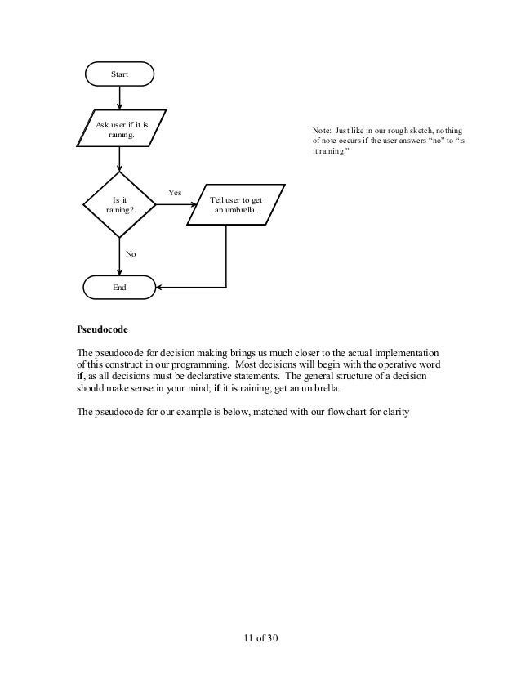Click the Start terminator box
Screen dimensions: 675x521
120,74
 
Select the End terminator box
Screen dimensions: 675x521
120,288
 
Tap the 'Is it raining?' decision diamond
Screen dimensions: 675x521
120,204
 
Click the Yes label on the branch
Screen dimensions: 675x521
174,193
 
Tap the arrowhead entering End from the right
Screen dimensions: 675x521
159,288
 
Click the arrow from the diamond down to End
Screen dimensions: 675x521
120,257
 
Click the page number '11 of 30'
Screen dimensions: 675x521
260,637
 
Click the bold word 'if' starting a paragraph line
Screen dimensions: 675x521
79,376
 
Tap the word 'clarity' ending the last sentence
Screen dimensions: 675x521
401,411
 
